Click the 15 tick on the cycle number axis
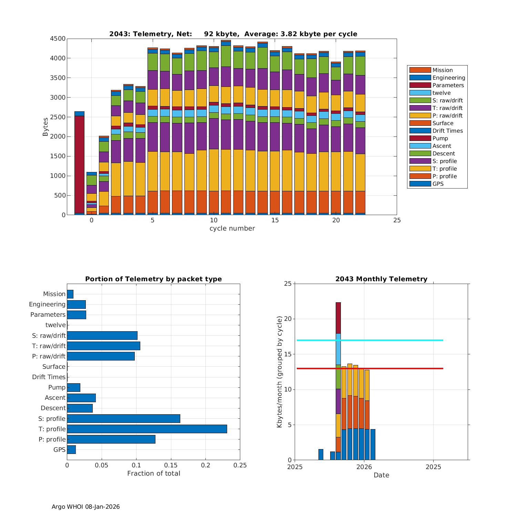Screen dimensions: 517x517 pyautogui.click(x=275, y=220)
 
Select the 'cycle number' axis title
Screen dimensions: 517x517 pyautogui.click(x=232, y=228)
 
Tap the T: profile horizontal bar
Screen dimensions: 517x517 pyautogui.click(x=147, y=429)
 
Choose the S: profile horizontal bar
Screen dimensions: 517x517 pyautogui.click(x=123, y=418)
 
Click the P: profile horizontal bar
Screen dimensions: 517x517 pyautogui.click(x=111, y=439)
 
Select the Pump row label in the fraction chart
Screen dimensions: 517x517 pyautogui.click(x=57, y=387)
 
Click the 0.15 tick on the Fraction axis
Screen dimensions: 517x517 pyautogui.click(x=171, y=465)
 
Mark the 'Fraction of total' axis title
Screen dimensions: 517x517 pyautogui.click(x=153, y=473)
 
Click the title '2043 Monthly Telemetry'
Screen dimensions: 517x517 pyautogui.click(x=381, y=279)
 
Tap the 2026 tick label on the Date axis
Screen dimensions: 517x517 pyautogui.click(x=364, y=467)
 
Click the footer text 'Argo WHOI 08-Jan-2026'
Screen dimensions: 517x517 pyautogui.click(x=85, y=507)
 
